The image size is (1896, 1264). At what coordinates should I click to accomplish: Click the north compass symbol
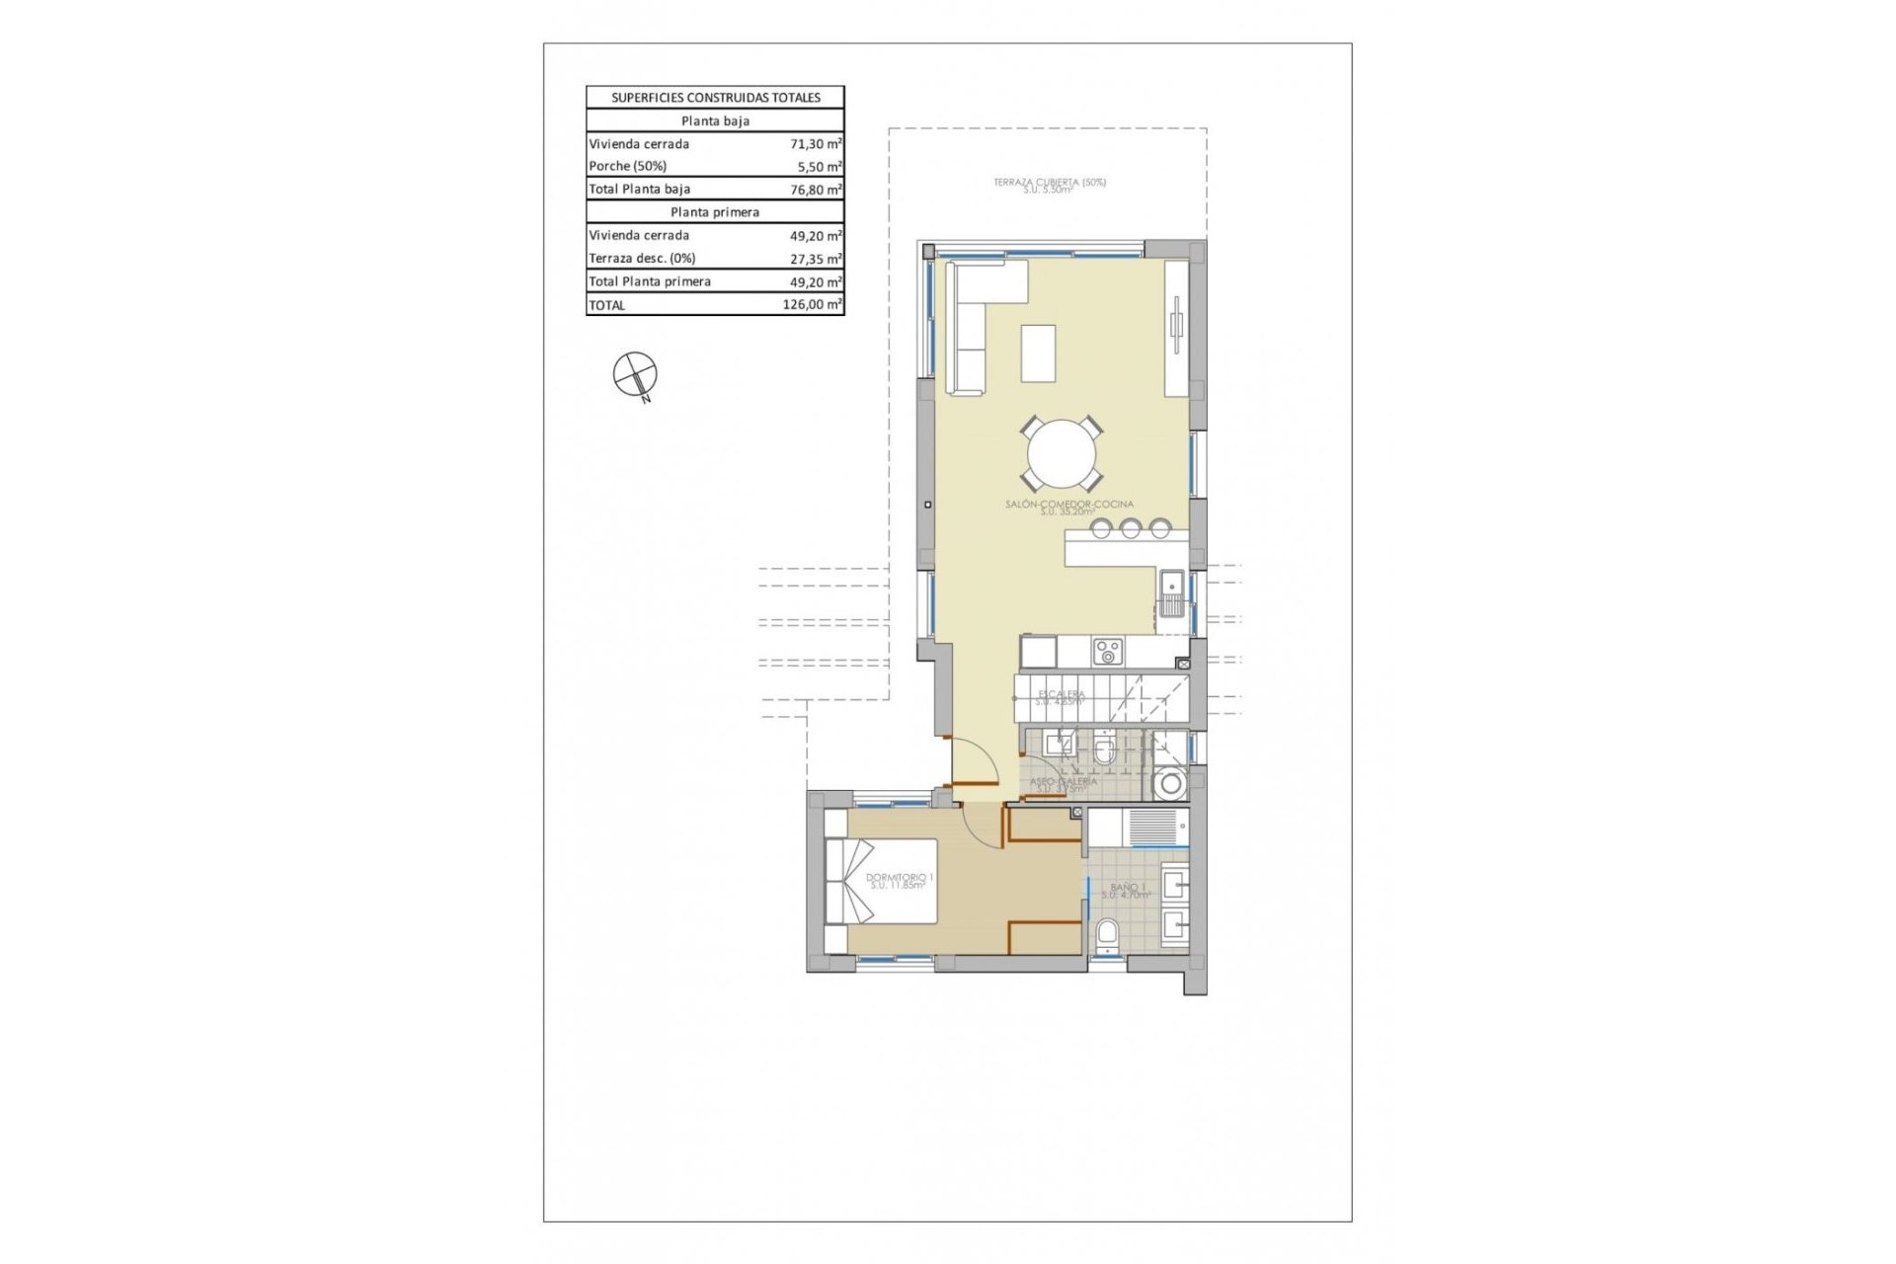tap(635, 375)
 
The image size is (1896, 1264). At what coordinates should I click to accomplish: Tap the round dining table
tap(1062, 455)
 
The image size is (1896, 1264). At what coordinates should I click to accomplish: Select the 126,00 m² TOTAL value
tap(812, 305)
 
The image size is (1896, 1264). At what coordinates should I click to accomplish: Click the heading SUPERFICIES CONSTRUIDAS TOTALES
tap(715, 98)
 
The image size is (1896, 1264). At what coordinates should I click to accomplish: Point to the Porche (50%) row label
tap(628, 166)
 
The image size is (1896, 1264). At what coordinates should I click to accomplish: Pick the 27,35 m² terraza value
tap(816, 259)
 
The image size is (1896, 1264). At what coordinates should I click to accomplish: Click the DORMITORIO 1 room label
tap(899, 879)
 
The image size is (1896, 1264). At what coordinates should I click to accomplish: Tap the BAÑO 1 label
tap(1127, 889)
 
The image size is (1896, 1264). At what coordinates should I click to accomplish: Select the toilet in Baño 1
tap(1107, 934)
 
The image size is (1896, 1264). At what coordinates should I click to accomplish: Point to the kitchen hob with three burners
tap(1107, 652)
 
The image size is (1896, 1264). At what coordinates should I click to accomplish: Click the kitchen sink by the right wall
tap(1172, 592)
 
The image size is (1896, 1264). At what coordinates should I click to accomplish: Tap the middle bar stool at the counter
tap(1130, 529)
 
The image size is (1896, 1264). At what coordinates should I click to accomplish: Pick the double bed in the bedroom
tap(881, 881)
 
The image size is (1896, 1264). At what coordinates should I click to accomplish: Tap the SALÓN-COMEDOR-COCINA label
tap(1068, 506)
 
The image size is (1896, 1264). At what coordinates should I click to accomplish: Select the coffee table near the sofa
tap(1038, 353)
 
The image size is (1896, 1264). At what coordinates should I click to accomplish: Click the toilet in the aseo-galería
tap(1104, 754)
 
